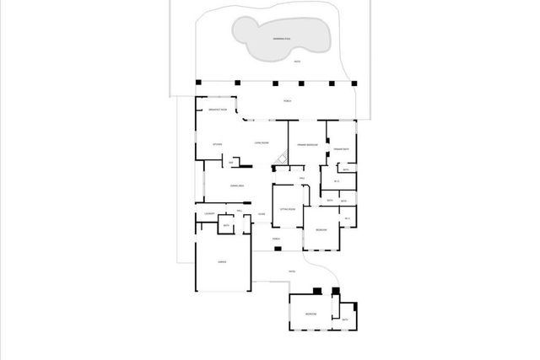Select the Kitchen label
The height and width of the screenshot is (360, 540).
pyautogui.click(x=217, y=144)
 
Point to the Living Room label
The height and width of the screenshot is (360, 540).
pyautogui.click(x=262, y=143)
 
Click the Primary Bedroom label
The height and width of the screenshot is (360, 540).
pyautogui.click(x=306, y=144)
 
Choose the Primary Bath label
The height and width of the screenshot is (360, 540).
pyautogui.click(x=340, y=149)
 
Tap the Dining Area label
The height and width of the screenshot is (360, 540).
pyautogui.click(x=236, y=185)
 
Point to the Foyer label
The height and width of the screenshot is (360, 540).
pyautogui.click(x=262, y=214)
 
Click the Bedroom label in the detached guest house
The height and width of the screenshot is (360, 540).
pyautogui.click(x=310, y=313)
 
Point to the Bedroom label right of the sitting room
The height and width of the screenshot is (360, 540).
pyautogui.click(x=321, y=230)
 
